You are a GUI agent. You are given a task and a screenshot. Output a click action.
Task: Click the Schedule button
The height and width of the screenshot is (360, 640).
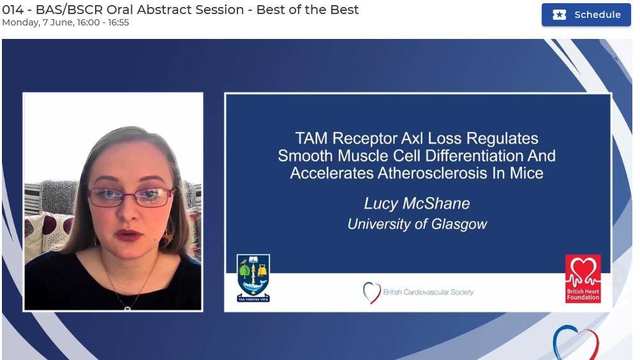586,15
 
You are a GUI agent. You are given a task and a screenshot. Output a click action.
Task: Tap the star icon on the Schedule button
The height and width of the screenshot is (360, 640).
560,15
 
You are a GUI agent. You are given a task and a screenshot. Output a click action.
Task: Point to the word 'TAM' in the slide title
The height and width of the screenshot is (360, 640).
311,138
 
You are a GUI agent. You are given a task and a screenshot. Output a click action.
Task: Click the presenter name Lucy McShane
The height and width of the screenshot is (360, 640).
417,204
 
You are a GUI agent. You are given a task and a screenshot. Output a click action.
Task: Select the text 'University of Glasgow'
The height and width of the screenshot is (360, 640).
417,224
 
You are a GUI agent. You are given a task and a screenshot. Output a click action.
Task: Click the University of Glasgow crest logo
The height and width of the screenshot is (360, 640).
253,278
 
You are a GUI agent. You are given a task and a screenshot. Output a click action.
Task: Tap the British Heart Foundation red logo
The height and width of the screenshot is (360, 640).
583,278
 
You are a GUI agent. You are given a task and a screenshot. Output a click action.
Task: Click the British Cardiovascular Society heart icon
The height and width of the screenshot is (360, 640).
371,292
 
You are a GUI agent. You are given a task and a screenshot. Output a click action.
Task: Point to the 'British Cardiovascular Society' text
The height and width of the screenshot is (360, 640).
428,292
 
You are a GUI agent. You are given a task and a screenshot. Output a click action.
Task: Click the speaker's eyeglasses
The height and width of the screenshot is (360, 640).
130,197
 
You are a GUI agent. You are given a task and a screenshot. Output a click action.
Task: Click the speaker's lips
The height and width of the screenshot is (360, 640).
129,236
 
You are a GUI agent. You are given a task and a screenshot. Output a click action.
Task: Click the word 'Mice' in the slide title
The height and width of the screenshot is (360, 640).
526,172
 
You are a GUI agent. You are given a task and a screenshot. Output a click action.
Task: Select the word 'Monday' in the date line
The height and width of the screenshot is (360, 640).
20,22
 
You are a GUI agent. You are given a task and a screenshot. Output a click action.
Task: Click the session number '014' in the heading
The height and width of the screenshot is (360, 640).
13,10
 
